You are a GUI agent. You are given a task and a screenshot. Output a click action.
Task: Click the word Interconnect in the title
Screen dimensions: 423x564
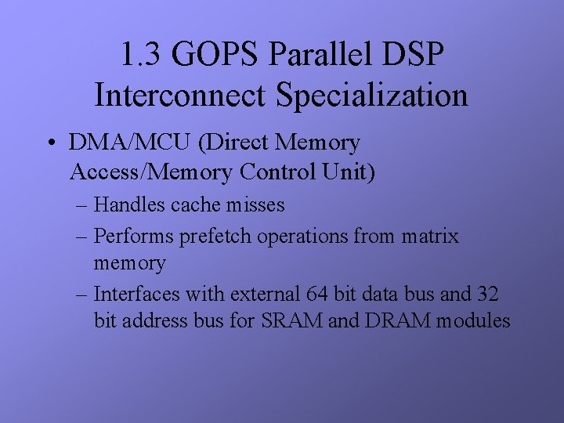pyautogui.click(x=181, y=96)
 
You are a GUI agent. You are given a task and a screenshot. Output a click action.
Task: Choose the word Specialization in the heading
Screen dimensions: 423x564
pyautogui.click(x=371, y=96)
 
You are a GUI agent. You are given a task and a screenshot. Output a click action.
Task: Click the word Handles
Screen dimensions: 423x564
pyautogui.click(x=129, y=205)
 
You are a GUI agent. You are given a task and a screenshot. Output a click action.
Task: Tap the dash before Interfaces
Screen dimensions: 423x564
pyautogui.click(x=82, y=295)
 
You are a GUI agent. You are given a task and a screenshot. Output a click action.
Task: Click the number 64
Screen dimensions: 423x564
pyautogui.click(x=315, y=294)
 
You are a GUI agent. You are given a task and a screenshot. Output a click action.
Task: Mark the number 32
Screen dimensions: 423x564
pyautogui.click(x=486, y=294)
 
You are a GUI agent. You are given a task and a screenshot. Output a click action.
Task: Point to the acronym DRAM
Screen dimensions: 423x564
pyautogui.click(x=394, y=320)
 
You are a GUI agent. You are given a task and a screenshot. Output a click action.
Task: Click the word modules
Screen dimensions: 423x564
pyautogui.click(x=474, y=320)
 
